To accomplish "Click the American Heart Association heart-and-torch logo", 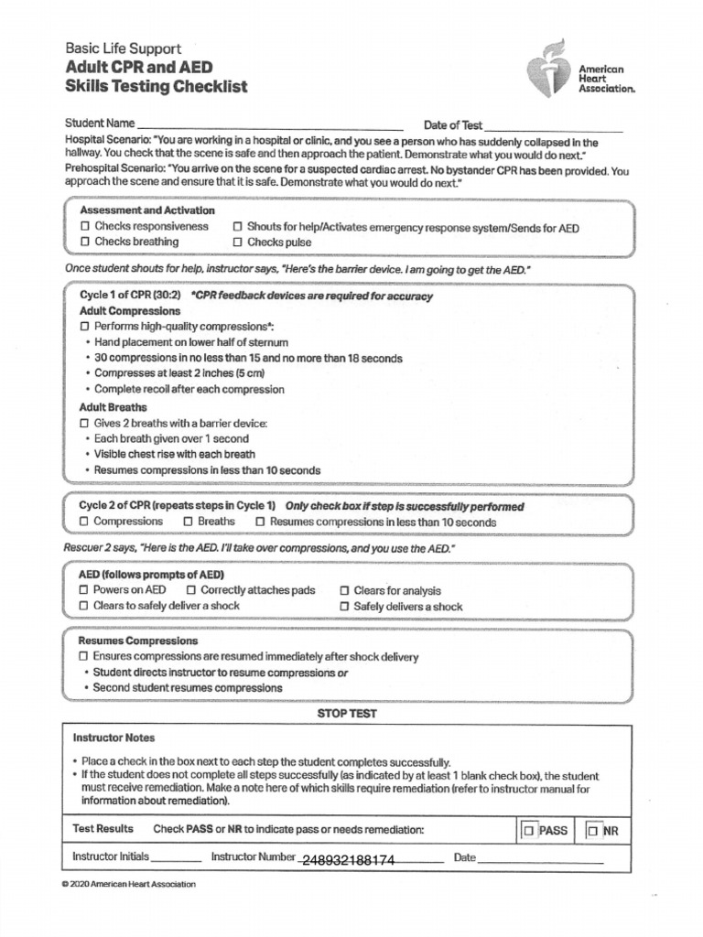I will [550, 71].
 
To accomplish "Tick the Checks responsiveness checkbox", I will [84, 226].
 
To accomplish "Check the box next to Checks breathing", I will [84, 242].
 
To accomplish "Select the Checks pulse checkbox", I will [237, 243].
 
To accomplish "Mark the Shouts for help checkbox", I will [237, 227].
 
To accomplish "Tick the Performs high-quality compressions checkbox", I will [84, 326].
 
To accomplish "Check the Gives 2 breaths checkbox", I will [84, 424].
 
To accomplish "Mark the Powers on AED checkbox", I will [84, 591].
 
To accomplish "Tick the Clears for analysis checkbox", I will [344, 591].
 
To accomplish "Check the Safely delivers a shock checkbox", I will [344, 607].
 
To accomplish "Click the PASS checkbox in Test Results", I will [529, 831].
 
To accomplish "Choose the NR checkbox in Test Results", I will [593, 831].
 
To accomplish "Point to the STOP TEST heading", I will [347, 714].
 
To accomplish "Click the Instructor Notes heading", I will [114, 738].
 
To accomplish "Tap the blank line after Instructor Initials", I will [175, 860].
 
